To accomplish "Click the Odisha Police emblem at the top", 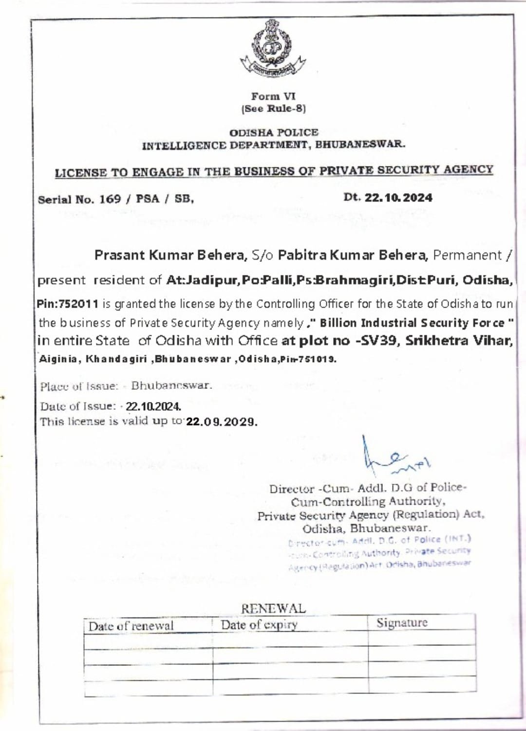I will pyautogui.click(x=273, y=49).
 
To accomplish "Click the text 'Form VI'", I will pyautogui.click(x=273, y=96).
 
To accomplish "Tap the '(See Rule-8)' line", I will pyautogui.click(x=273, y=109).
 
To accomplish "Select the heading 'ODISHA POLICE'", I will pyautogui.click(x=274, y=132).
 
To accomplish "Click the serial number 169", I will pyautogui.click(x=110, y=199).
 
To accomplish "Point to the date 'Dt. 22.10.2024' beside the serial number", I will pyautogui.click(x=388, y=198).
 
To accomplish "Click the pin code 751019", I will pyautogui.click(x=320, y=360).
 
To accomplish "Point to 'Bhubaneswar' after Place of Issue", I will pyautogui.click(x=171, y=385).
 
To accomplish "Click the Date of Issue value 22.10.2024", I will pyautogui.click(x=153, y=406).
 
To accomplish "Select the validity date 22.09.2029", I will pyautogui.click(x=221, y=421).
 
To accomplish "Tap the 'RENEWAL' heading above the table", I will pyautogui.click(x=273, y=608).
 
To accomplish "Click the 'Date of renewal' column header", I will pyautogui.click(x=131, y=626).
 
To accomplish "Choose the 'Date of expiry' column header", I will pyautogui.click(x=259, y=625).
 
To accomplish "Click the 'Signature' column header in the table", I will pyautogui.click(x=402, y=623).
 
